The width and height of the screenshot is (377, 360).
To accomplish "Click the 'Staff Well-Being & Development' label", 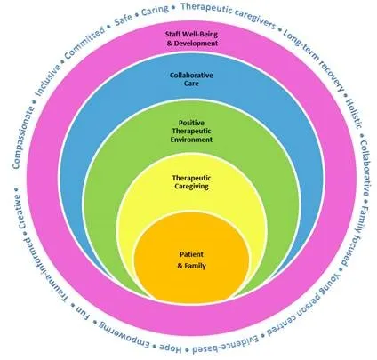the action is [191, 38].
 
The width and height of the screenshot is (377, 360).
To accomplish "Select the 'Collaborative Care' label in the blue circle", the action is [191, 79].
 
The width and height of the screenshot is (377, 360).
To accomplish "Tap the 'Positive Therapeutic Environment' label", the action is [191, 131].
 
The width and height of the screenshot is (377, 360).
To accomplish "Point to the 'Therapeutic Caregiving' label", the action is [191, 182].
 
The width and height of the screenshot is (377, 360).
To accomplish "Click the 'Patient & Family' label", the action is [191, 260].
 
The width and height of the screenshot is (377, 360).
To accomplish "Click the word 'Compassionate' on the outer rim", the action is [24, 137].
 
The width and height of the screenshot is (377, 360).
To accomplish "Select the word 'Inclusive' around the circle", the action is [48, 79].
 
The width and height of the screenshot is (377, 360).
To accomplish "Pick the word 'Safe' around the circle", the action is [124, 20].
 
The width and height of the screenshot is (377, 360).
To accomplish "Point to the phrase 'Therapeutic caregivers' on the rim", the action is [229, 15].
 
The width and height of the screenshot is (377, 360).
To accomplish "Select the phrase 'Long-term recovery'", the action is [314, 60].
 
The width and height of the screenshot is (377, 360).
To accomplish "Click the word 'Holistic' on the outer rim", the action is [354, 113].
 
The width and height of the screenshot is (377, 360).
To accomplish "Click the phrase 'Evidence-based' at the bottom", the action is [226, 345].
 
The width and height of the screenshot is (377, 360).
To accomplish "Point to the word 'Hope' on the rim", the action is [170, 348].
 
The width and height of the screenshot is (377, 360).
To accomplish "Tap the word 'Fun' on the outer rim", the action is [83, 314].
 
